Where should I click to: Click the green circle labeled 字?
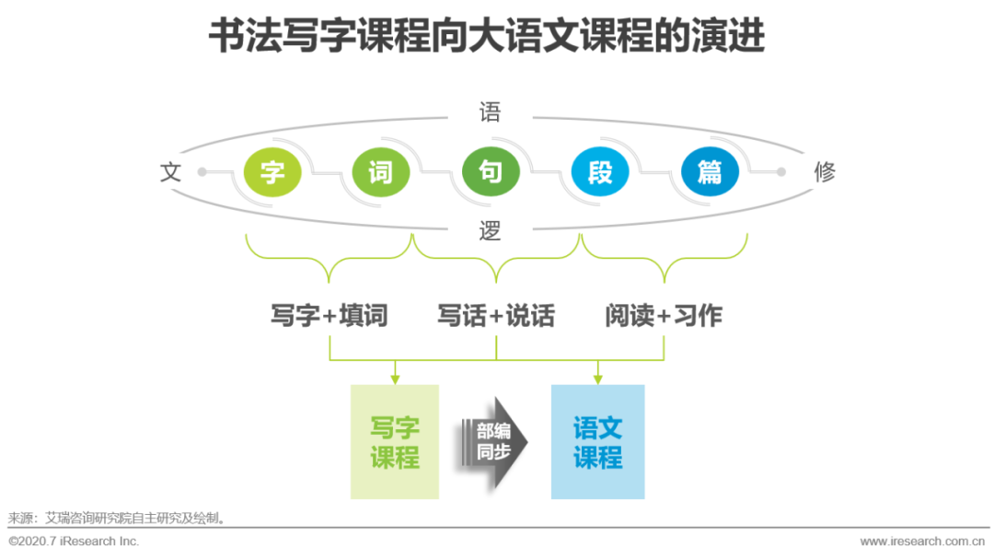point(272,171)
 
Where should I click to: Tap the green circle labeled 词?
point(381,171)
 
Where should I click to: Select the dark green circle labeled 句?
point(491,171)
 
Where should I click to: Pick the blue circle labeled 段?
point(600,171)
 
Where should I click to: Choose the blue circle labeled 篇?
point(710,171)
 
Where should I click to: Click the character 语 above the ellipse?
point(490,113)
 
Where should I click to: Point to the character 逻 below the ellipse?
point(490,231)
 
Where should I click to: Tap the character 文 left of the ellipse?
point(171,172)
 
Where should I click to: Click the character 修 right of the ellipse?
point(825,172)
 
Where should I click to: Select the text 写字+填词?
point(329,316)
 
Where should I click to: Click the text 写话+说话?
point(496,316)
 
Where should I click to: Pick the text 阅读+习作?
point(664,316)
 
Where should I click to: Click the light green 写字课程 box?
point(395,442)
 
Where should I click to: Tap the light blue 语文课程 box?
point(597,442)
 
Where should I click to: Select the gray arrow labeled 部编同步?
point(495,442)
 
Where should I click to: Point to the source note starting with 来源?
point(117,519)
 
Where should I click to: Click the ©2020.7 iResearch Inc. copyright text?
point(74,542)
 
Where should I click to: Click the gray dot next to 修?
point(781,171)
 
